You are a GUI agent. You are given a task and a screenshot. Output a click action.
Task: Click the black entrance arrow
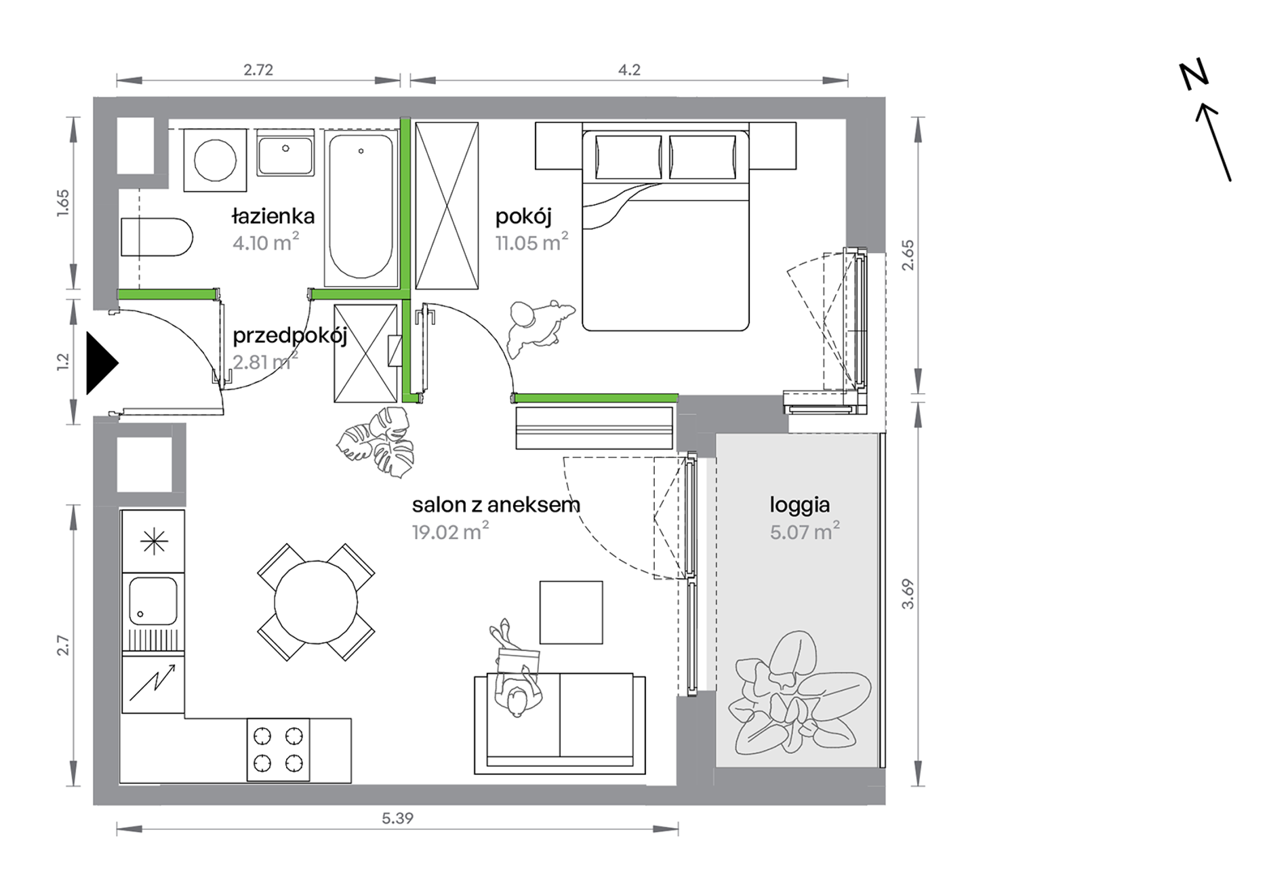(x=101, y=363)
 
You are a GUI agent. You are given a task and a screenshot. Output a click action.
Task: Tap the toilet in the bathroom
(x=157, y=237)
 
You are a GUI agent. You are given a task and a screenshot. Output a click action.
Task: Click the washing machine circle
(x=215, y=161)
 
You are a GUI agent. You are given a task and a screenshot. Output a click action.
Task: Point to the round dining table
(x=316, y=602)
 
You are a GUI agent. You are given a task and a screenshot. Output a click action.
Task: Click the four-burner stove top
(x=278, y=751)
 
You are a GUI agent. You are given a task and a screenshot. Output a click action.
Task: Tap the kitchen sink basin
(x=153, y=601)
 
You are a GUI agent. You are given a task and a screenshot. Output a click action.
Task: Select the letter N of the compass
(x=1194, y=75)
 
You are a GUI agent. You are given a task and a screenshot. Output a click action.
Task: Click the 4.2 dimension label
(x=629, y=70)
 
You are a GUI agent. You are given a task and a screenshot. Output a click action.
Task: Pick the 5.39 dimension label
(x=397, y=818)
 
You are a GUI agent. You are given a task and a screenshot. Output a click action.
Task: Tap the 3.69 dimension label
(x=908, y=594)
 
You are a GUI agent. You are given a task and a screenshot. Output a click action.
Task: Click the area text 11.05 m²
(x=531, y=242)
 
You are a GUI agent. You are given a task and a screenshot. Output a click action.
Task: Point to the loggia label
(x=799, y=505)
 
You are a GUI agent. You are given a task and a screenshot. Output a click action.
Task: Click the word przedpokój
(x=290, y=336)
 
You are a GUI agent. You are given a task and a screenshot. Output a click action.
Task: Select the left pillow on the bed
(x=628, y=157)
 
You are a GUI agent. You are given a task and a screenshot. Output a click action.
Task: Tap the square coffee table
(x=571, y=612)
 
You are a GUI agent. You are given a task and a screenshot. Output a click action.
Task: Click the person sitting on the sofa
(x=516, y=671)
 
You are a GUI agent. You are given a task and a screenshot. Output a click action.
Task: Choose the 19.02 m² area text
(x=450, y=532)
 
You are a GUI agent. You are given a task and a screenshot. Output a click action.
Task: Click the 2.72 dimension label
(x=258, y=70)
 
